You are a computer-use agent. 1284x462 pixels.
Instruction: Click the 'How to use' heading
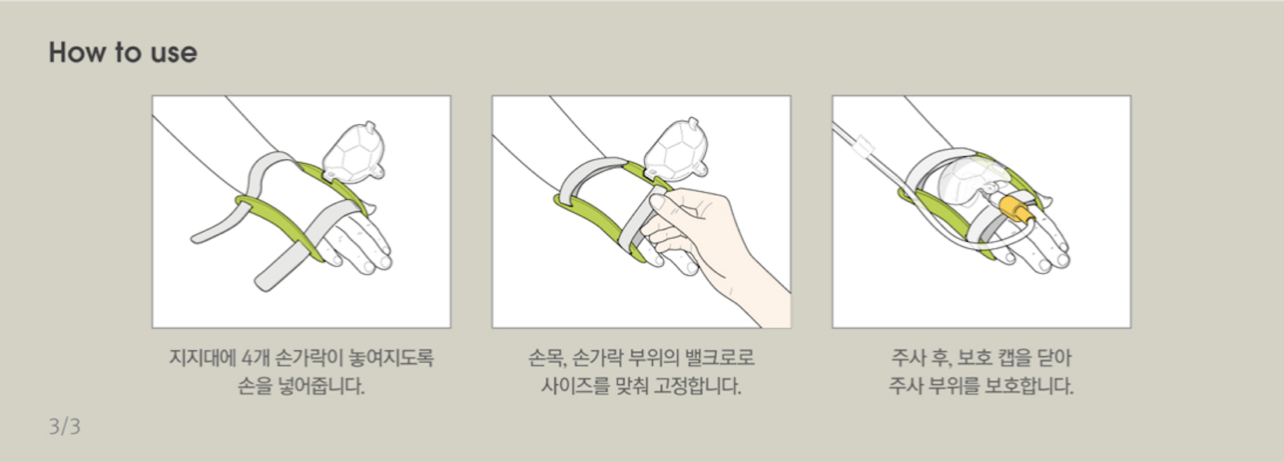click(123, 52)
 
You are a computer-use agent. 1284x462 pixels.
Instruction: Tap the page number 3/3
click(65, 426)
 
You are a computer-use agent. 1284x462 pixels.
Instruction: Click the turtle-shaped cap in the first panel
click(353, 152)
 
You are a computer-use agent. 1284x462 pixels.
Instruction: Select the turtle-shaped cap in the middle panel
click(676, 147)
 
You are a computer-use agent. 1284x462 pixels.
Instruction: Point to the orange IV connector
click(1016, 209)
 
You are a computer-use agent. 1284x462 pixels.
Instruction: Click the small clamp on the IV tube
click(864, 146)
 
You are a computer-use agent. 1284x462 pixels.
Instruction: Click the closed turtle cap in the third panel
click(972, 180)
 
